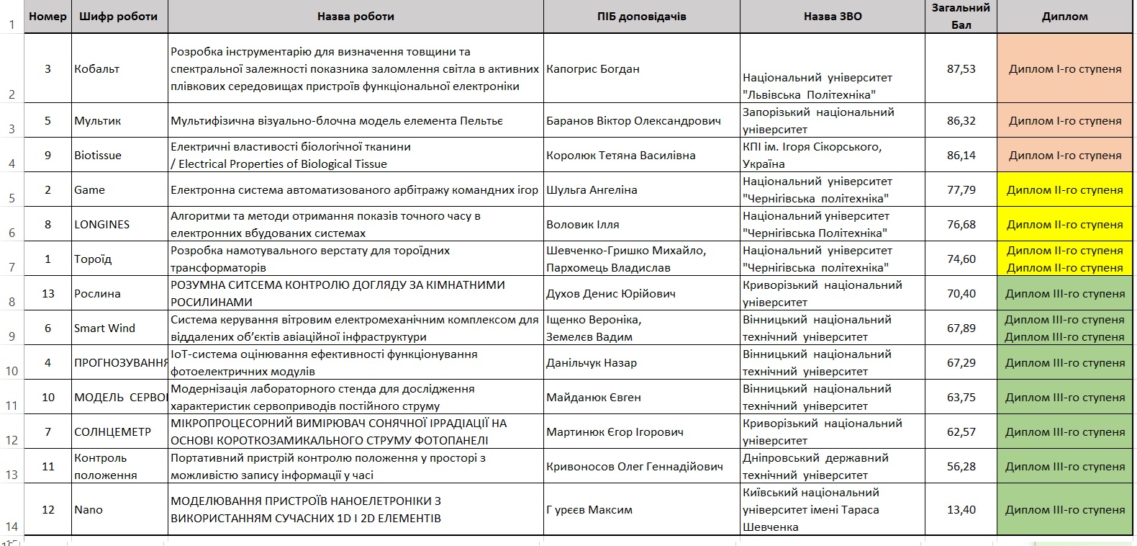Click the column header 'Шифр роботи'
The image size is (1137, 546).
coord(119,17)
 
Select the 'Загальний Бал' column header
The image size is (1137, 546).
coord(961,17)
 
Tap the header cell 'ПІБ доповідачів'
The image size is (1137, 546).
coord(641,17)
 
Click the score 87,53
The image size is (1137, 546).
coord(961,69)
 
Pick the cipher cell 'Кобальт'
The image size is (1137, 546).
coord(96,69)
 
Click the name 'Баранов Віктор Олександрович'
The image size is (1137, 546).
coord(633,121)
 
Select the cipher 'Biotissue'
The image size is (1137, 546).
coord(98,156)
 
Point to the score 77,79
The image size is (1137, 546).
coord(961,190)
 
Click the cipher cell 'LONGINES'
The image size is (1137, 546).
coord(102,225)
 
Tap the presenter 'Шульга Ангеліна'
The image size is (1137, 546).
coord(592,190)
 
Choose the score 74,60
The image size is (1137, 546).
coord(961,259)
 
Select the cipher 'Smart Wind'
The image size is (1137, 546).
coord(104,328)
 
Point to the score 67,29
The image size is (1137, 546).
coord(961,363)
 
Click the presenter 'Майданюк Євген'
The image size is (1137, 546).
coord(593,398)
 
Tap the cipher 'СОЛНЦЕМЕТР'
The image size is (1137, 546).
coord(112,432)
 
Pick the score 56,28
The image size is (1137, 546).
coord(961,467)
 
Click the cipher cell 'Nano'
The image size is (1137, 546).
coord(89,510)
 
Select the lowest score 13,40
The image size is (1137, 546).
coord(961,510)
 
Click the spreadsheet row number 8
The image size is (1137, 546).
coord(12,302)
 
